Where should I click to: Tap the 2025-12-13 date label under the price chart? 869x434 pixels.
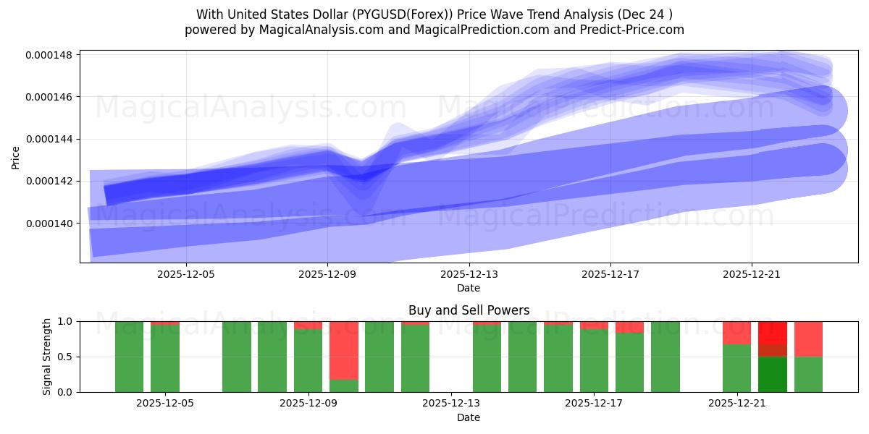[469, 274]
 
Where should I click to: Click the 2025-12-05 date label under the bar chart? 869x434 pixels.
[165, 404]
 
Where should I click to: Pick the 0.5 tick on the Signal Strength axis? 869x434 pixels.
[66, 357]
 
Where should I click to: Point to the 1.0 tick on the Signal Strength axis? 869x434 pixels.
[66, 321]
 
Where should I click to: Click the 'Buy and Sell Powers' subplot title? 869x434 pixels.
[469, 310]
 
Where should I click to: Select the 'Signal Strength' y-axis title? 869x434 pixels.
[47, 357]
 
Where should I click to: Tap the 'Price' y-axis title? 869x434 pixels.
[16, 156]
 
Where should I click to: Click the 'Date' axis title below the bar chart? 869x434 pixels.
[469, 417]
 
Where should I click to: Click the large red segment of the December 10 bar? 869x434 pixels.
[344, 350]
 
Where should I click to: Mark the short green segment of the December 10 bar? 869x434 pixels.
[344, 386]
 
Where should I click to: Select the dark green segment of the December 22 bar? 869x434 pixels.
[772, 374]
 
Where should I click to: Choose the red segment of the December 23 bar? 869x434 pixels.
[808, 339]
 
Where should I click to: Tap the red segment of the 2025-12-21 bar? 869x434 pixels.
[736, 333]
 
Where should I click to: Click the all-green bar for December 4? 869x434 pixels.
[130, 357]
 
